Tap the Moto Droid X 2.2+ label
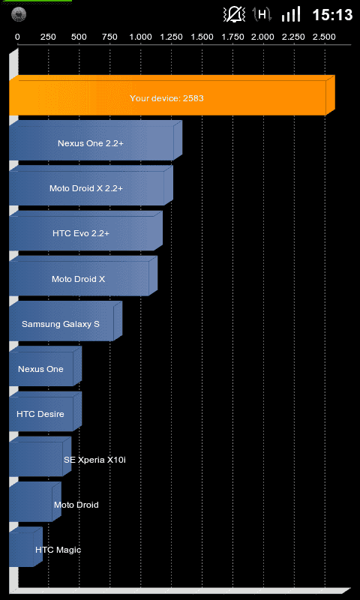click(x=86, y=188)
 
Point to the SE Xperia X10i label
click(x=95, y=460)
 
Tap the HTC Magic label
click(x=58, y=550)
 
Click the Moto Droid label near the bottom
click(x=76, y=505)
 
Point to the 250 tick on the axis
click(x=48, y=37)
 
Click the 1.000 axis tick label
click(x=140, y=37)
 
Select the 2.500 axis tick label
click(x=325, y=37)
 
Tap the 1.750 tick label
click(x=232, y=37)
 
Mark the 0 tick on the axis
click(x=17, y=37)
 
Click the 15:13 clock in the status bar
click(x=332, y=15)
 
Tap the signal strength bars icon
click(x=291, y=15)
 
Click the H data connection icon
click(x=262, y=14)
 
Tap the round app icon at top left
click(x=19, y=15)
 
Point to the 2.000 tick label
click(x=262, y=37)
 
